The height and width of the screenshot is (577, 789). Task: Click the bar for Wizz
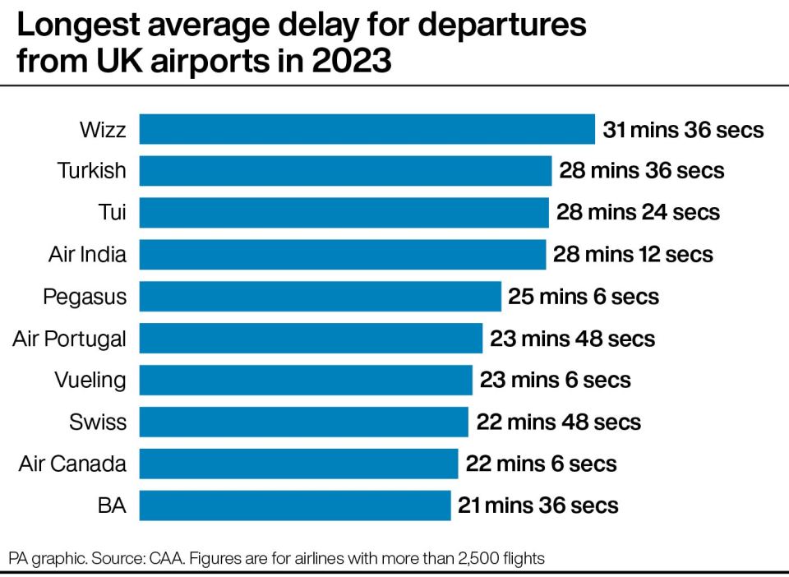(367, 129)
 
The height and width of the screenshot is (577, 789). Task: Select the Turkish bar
(345, 171)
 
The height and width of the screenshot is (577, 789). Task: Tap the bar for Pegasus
(320, 296)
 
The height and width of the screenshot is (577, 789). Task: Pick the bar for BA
(294, 505)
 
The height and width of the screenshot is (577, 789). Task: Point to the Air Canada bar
(298, 464)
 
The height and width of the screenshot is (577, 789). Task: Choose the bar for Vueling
(306, 380)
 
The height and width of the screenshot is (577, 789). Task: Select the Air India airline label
(87, 254)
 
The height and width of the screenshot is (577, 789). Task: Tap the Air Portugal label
(70, 338)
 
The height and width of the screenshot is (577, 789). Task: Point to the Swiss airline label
(99, 422)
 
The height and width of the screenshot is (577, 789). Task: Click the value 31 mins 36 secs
(684, 130)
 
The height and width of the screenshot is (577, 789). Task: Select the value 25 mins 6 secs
(584, 297)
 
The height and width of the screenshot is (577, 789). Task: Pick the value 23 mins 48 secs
(573, 339)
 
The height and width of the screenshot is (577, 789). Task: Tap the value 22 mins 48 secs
(559, 422)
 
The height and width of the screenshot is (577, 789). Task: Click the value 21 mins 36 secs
(538, 505)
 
